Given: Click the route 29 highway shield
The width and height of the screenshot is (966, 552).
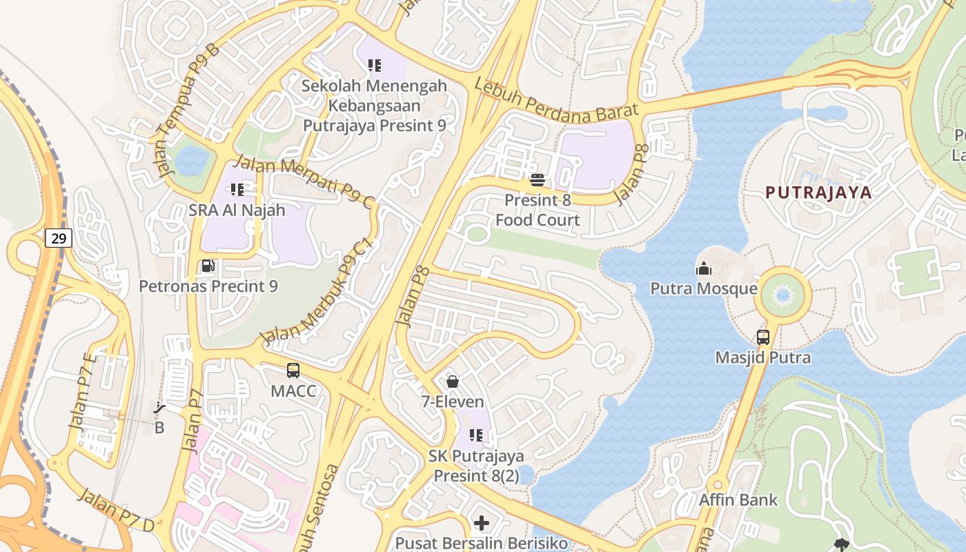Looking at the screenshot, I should click(59, 239).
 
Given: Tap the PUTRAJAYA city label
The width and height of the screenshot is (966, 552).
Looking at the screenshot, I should click(819, 193).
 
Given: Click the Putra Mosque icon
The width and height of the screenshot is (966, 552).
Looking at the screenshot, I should click(704, 268).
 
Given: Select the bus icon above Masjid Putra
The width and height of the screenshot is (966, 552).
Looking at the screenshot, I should click(762, 337).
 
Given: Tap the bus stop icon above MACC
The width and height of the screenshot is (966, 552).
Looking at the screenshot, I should click(293, 371).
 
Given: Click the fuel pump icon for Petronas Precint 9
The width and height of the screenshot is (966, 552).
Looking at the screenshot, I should click(208, 266).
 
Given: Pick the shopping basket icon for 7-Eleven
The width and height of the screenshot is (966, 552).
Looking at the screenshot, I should click(453, 381).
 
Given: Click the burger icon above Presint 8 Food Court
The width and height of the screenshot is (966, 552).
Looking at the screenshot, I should click(538, 180).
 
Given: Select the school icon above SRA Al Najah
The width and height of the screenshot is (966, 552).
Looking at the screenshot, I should click(237, 189).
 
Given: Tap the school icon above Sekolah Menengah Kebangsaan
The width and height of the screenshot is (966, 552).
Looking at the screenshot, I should click(375, 66).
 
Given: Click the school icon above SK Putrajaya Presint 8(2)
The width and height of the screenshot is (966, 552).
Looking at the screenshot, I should click(476, 435).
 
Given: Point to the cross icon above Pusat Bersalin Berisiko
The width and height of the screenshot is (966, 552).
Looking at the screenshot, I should click(482, 523).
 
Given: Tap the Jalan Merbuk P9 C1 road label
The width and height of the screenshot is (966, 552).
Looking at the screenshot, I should click(317, 293).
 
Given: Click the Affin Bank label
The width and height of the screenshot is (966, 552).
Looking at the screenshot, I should click(738, 500).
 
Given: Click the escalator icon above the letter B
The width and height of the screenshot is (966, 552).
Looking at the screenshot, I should click(159, 408).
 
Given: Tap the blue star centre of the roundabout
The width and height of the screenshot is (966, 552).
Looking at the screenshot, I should click(782, 296).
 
